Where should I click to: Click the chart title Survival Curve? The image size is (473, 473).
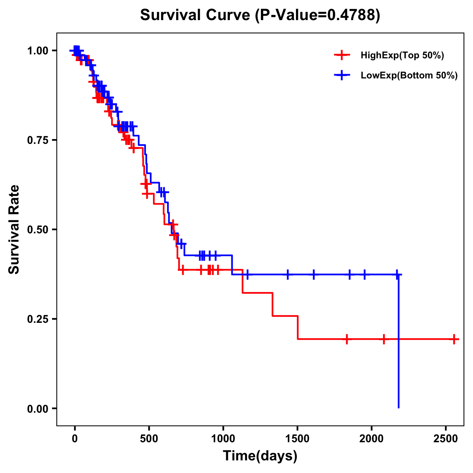tap(196, 15)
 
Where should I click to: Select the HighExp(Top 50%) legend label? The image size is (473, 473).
tap(402, 56)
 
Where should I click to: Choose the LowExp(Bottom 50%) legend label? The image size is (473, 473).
tap(409, 76)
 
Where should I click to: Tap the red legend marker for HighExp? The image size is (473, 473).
tap(342, 55)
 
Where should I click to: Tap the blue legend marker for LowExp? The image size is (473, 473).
tap(342, 75)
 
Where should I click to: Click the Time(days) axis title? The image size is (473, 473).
tap(260, 456)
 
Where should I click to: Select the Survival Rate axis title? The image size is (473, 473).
tap(14, 229)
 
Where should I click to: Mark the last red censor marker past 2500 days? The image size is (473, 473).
tap(454, 339)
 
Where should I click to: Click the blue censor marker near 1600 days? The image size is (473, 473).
tap(314, 274)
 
